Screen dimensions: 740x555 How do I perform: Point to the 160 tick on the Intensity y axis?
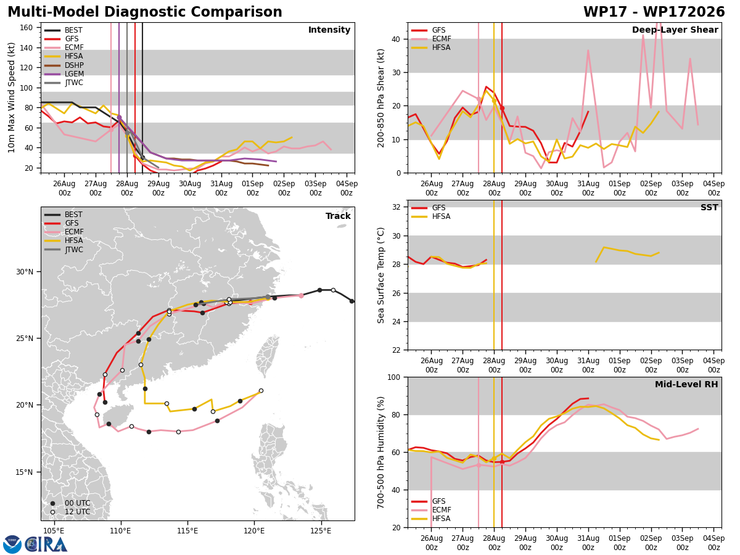(26, 28)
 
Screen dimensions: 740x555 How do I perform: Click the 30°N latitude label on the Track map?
(25, 271)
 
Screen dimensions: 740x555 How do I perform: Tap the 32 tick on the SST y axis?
(396, 207)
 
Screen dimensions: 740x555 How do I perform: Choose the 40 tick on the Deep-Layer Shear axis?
(396, 39)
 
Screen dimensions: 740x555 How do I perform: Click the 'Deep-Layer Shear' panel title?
(675, 30)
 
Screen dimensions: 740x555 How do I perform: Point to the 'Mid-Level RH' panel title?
(686, 384)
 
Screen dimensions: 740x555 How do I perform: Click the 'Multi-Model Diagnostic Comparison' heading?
(145, 12)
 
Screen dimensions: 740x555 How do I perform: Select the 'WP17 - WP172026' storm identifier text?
(654, 12)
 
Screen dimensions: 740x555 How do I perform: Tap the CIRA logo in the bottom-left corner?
(35, 545)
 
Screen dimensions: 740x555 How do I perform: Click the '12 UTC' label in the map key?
(77, 512)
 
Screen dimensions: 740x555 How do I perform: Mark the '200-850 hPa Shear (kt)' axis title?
(381, 99)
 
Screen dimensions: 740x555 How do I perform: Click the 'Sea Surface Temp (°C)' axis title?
(381, 276)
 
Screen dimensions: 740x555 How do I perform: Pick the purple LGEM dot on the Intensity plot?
(119, 117)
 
